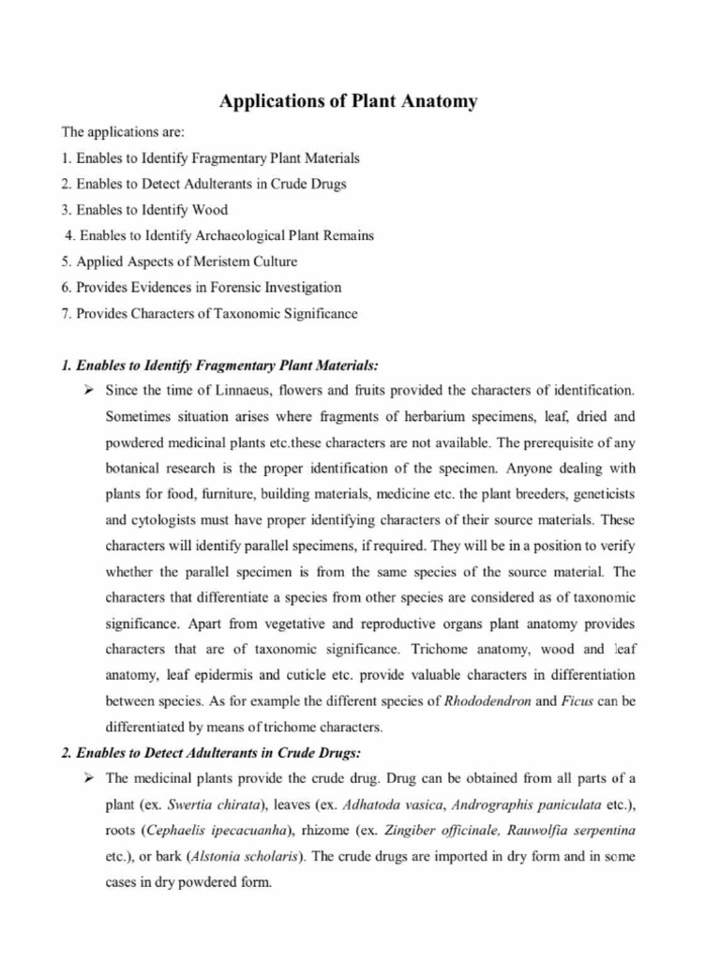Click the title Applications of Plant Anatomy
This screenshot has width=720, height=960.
[348, 101]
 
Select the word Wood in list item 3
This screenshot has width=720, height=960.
[210, 209]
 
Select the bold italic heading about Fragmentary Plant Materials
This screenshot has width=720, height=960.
[219, 364]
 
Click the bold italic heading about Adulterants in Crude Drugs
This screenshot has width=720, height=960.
[211, 753]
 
